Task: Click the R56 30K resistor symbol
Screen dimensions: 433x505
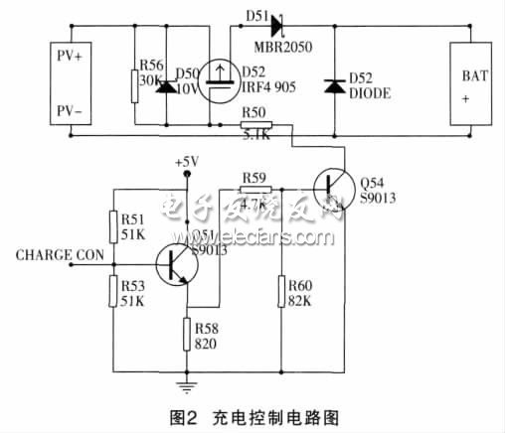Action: point(134,86)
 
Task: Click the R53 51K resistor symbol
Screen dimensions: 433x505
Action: point(112,291)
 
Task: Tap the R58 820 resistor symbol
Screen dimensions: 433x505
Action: point(185,332)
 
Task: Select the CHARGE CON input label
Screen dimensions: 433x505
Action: point(60,255)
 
